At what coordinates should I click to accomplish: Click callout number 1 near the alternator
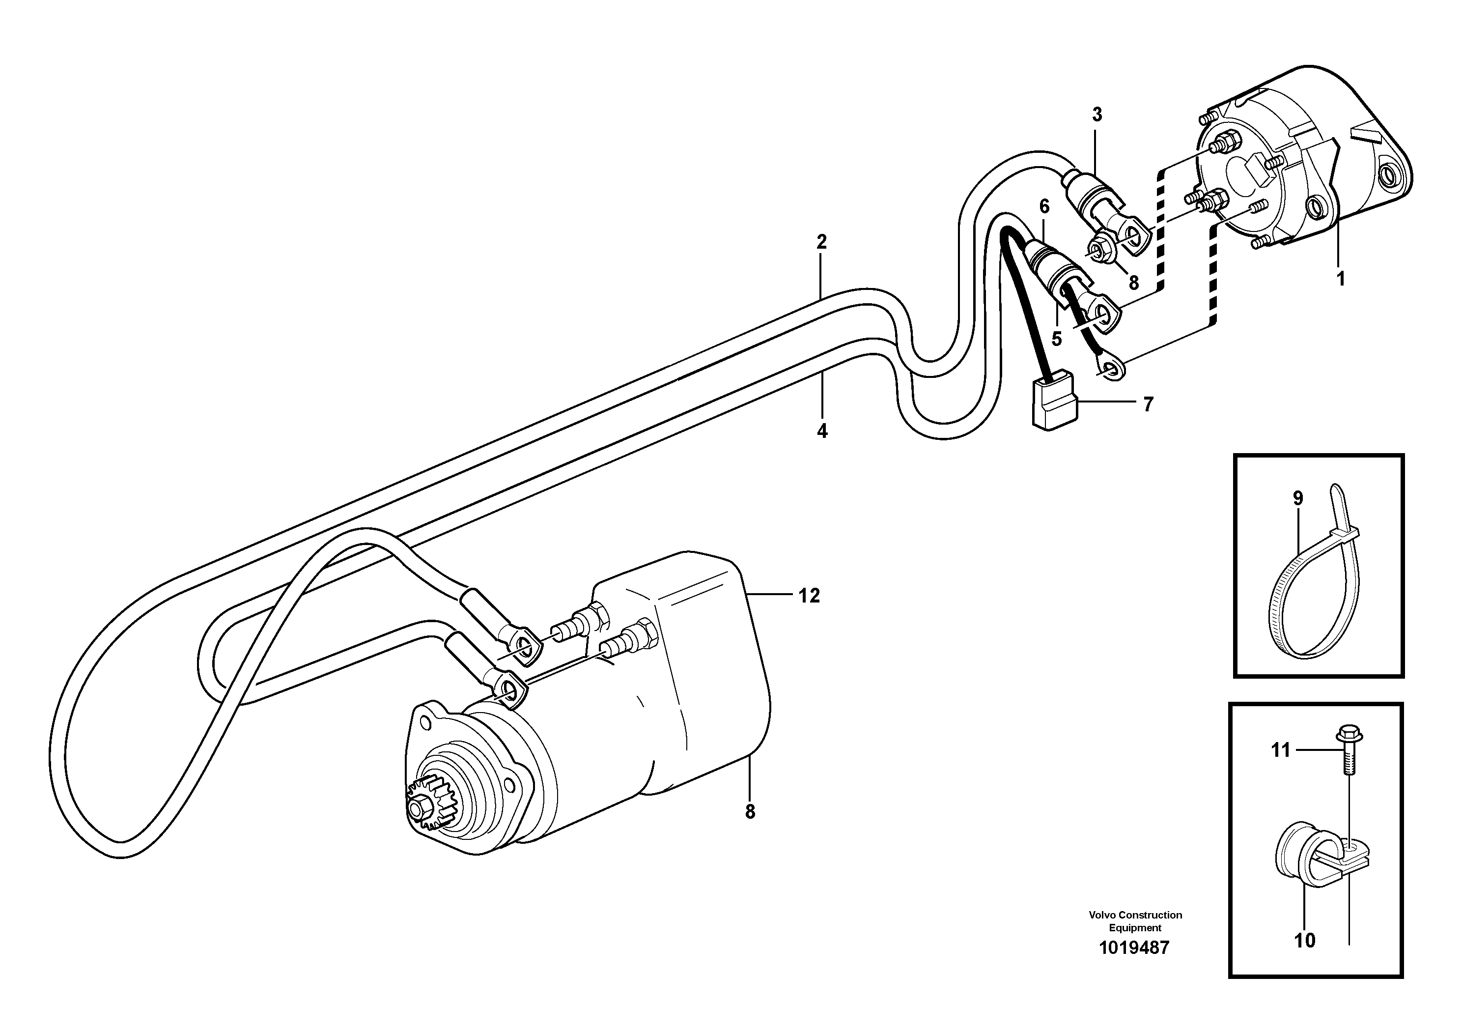pos(1340,279)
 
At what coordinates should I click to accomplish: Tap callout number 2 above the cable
pos(821,242)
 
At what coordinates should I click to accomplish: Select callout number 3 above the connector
pos(1096,115)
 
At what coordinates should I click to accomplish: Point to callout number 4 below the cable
pos(822,431)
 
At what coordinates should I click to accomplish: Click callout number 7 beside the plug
pos(1148,404)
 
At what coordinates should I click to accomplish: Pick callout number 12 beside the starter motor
pos(809,596)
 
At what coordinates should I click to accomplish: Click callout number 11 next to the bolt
pos(1281,751)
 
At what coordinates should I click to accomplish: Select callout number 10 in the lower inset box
pos(1305,941)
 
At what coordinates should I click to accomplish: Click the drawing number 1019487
pos(1135,947)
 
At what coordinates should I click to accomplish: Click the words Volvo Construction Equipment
pos(1135,921)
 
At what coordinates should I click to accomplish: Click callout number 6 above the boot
pos(1043,206)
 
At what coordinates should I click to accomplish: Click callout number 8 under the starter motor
pos(750,812)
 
